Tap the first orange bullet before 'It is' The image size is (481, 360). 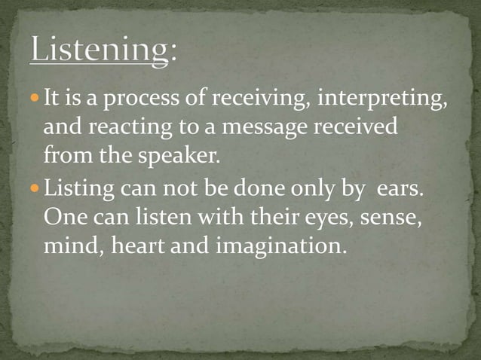pyautogui.click(x=36, y=99)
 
